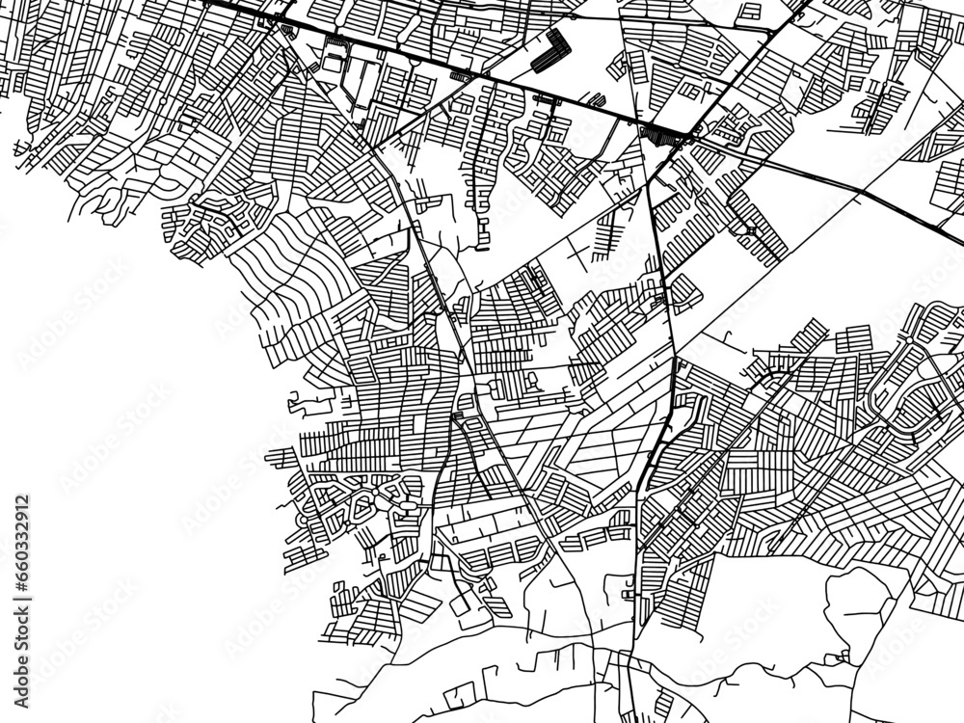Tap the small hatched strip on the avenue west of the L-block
pos(461,74)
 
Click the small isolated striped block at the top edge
pos(748,12)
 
